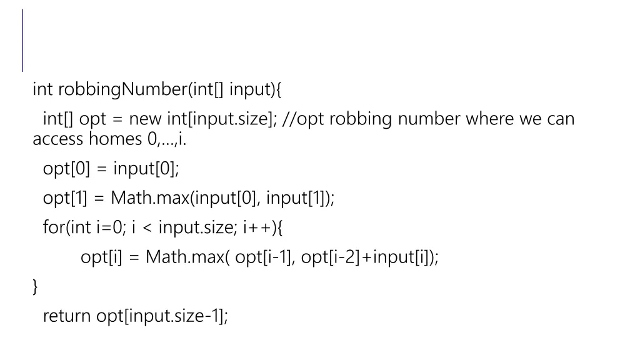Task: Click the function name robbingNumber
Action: (x=122, y=90)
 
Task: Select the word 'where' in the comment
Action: (x=490, y=119)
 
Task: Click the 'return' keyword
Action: (x=67, y=316)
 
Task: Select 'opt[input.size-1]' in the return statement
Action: (x=162, y=316)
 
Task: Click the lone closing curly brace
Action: (x=35, y=287)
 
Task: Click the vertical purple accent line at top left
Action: (x=23, y=40)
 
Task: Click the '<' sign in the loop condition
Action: (x=149, y=227)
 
